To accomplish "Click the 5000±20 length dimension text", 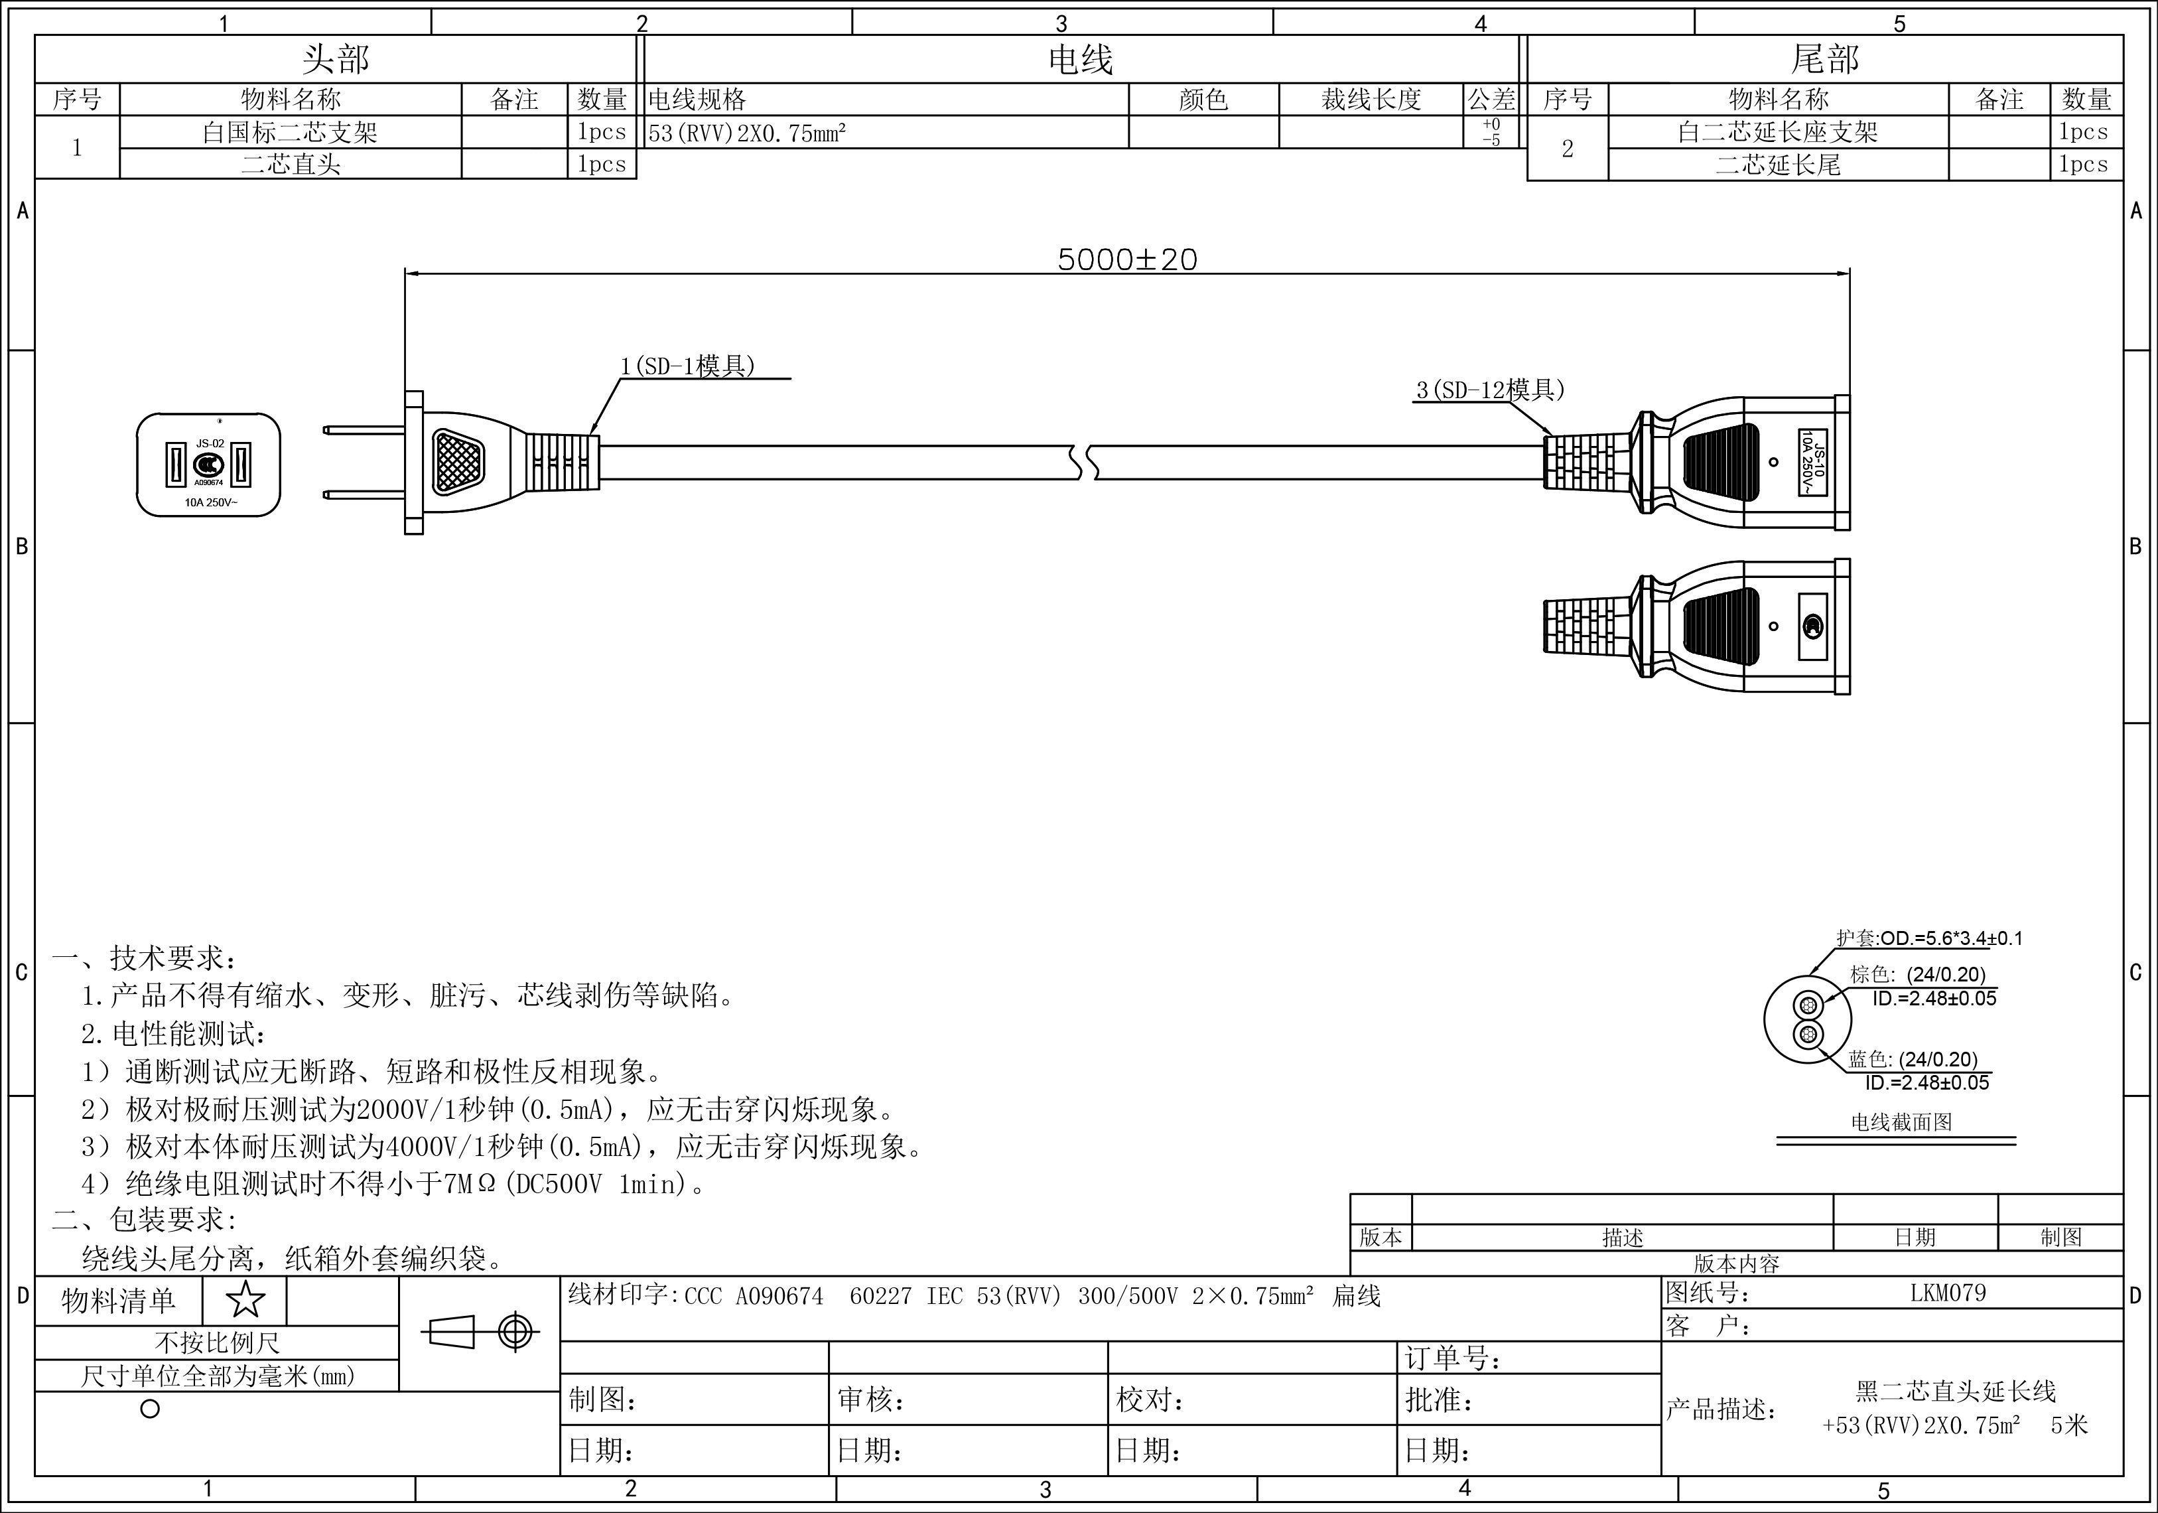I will (1127, 259).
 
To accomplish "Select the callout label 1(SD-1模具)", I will (688, 366).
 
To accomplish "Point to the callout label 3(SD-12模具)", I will (1490, 390).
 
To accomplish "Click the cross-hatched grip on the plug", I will (457, 462).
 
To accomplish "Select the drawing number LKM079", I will (1948, 1293).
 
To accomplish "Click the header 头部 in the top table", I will (336, 59).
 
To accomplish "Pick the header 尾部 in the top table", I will (1824, 59).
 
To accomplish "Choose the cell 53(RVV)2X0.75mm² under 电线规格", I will (747, 133).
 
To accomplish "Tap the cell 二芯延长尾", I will (1777, 165).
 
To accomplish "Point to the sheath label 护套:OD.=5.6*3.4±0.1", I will (1928, 938).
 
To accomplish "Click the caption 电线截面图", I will (1901, 1122).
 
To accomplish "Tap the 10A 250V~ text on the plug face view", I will (210, 502).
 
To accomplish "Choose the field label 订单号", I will (1452, 1358).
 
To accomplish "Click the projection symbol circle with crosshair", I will (515, 1332).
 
